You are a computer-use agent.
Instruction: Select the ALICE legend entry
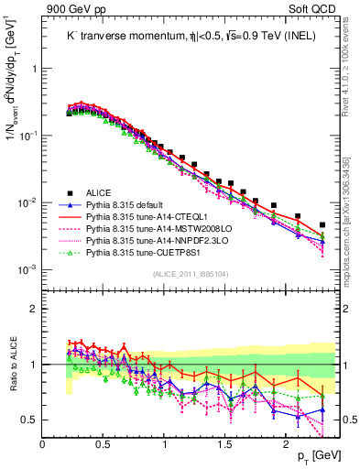(x=100, y=192)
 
